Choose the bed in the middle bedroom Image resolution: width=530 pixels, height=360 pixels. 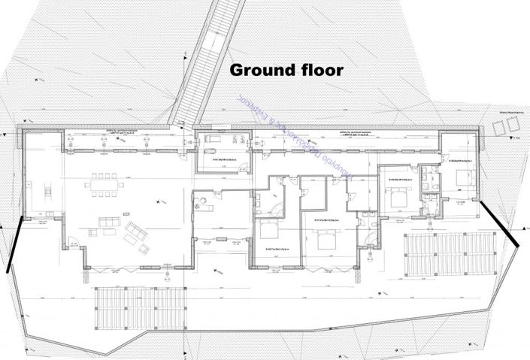(x=323, y=240)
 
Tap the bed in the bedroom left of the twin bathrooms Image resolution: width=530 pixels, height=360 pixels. (x=396, y=200)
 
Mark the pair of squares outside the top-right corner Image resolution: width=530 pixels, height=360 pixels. (x=507, y=129)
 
